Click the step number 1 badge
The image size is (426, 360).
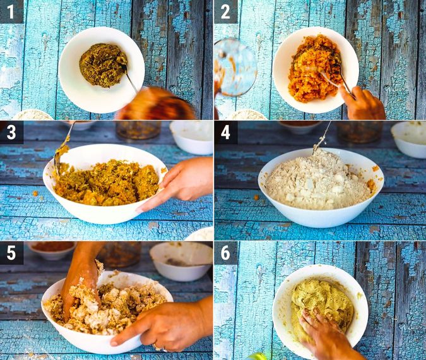click(11, 11)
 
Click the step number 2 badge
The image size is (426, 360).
click(225, 11)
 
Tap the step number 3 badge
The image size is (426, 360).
click(11, 132)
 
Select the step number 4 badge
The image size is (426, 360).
click(225, 132)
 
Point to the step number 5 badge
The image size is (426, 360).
click(11, 253)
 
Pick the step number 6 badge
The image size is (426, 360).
click(225, 253)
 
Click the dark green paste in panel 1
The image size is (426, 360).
click(101, 64)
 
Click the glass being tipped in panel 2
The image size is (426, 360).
click(235, 67)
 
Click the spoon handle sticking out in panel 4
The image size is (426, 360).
click(322, 136)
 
